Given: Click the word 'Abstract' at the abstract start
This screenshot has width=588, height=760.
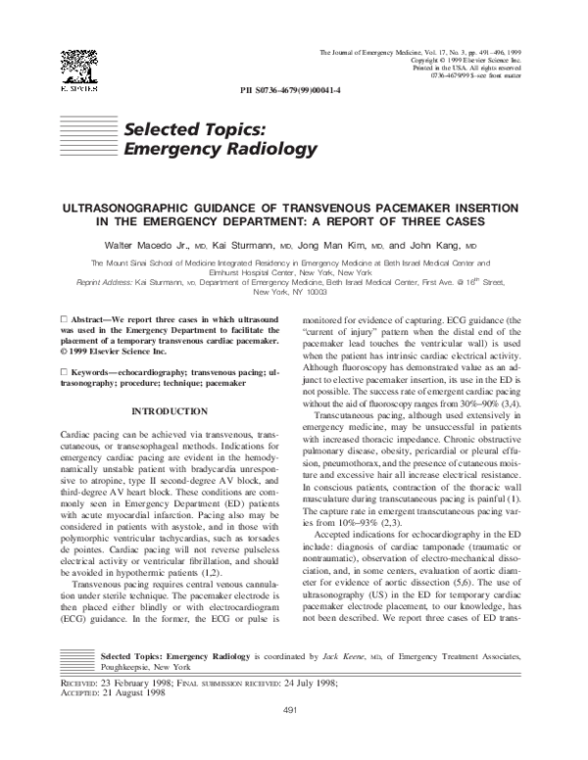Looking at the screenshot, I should (x=94, y=320).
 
